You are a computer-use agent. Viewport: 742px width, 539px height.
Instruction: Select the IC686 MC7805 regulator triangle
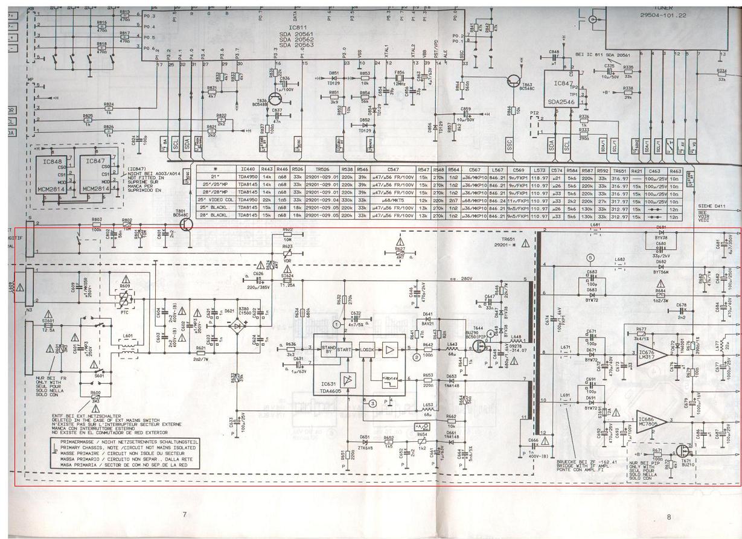[x=650, y=421]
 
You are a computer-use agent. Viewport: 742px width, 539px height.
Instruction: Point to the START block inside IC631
[x=344, y=349]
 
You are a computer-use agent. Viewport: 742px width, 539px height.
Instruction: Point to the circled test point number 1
[x=337, y=324]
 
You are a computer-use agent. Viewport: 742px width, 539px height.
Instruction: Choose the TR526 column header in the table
[x=322, y=170]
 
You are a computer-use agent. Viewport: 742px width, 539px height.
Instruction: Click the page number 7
[x=185, y=514]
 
